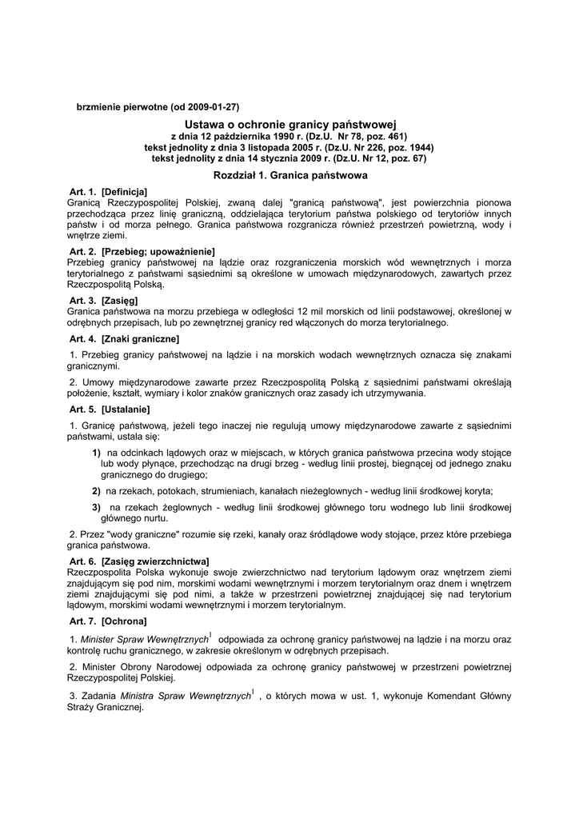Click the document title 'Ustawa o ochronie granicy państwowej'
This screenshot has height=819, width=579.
coord(290,125)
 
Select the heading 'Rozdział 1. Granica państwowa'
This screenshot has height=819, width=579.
coord(290,174)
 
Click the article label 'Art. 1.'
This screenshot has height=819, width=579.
coord(83,193)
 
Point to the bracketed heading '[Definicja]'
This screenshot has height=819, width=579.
coord(125,193)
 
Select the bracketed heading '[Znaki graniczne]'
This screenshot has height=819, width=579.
coord(140,339)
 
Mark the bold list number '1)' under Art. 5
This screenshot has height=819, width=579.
coord(96,453)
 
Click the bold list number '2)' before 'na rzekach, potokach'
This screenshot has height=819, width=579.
coord(96,491)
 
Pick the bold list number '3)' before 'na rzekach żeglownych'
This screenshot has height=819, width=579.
coord(96,507)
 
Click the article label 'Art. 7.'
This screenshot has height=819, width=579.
coord(83,621)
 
